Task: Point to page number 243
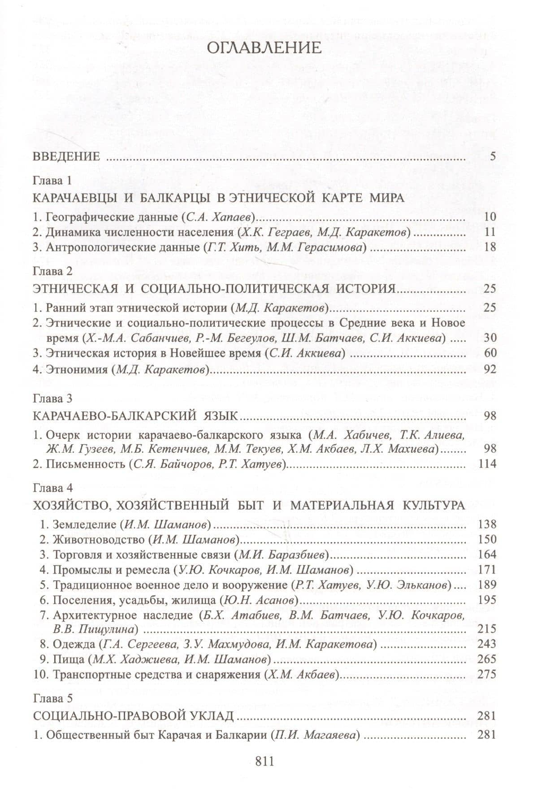pyautogui.click(x=487, y=644)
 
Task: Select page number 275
pyautogui.click(x=487, y=674)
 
